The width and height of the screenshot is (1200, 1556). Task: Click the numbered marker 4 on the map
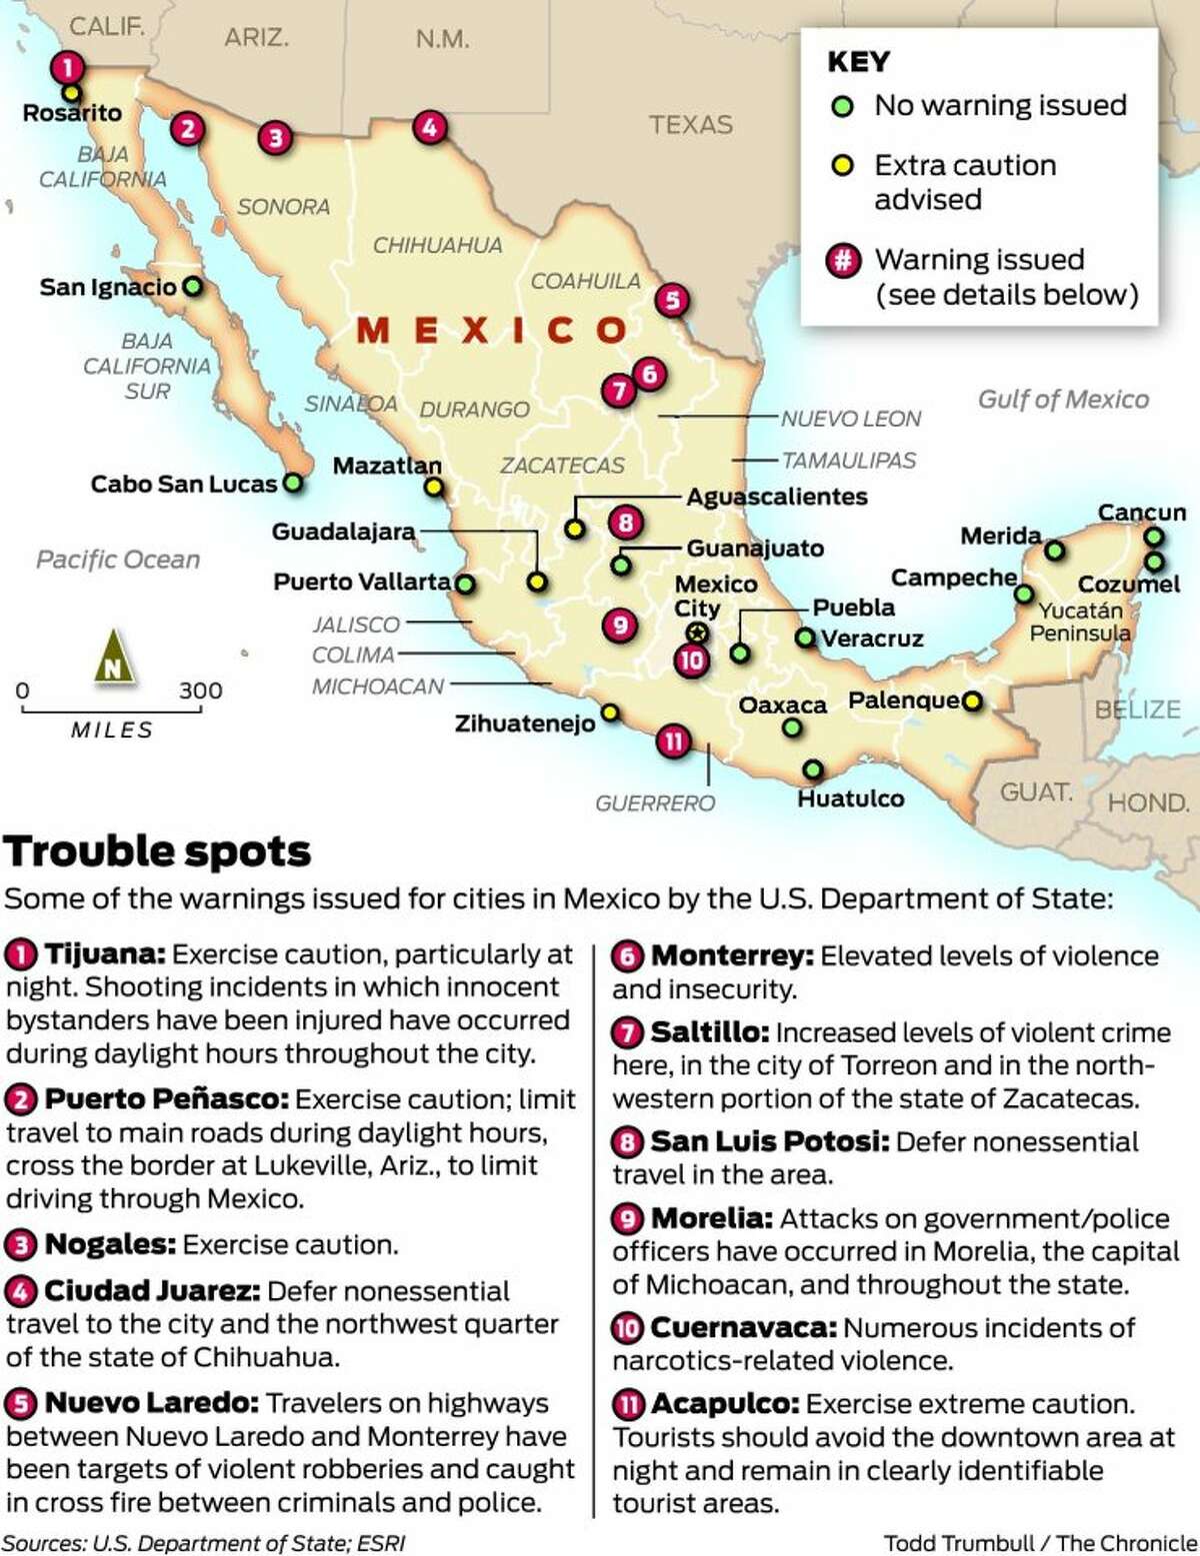coord(429,127)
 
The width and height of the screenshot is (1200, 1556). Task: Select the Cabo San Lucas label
coord(183,485)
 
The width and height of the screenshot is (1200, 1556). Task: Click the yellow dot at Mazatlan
coord(433,488)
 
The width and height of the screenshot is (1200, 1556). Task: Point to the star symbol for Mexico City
coord(697,633)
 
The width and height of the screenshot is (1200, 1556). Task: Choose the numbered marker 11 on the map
coord(673,742)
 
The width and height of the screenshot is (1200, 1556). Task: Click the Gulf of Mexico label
coord(1063,400)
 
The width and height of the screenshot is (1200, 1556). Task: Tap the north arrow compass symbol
coord(113,657)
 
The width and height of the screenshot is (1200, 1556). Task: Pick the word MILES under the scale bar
coord(112,731)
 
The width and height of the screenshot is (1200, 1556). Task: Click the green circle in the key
coord(843,106)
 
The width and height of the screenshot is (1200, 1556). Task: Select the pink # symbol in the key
coord(843,261)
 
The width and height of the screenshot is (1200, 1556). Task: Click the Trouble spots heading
coord(158,852)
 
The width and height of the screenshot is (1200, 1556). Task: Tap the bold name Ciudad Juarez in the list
coord(151,1291)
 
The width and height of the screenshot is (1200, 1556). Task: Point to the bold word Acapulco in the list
coord(724,1404)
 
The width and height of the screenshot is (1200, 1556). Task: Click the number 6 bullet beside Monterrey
coord(627,956)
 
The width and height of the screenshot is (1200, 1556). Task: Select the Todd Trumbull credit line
coord(1040,1542)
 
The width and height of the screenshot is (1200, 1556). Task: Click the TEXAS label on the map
coord(690,125)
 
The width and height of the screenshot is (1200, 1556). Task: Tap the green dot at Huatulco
coord(813,770)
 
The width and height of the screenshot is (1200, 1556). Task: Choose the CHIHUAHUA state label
coord(437,245)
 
